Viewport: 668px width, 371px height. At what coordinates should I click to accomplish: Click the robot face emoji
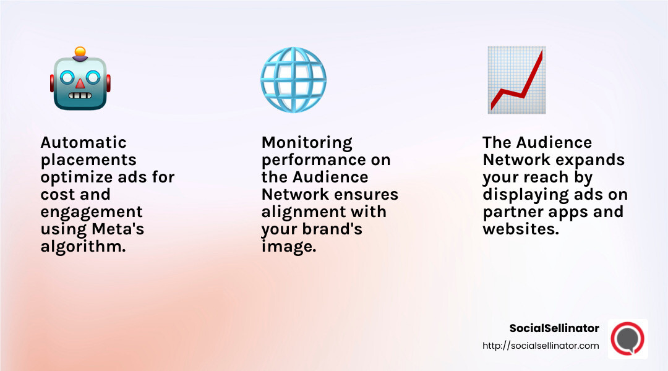(80, 80)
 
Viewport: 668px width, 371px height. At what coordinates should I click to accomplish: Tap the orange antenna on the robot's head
(80, 51)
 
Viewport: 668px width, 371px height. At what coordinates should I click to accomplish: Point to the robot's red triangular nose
(80, 83)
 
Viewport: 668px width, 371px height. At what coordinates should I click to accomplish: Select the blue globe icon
(293, 80)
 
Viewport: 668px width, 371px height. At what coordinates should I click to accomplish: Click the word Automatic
(83, 142)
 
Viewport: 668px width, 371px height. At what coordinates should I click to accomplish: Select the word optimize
(75, 177)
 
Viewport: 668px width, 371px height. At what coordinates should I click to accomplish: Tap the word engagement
(92, 211)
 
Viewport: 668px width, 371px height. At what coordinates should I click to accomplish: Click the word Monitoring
(307, 142)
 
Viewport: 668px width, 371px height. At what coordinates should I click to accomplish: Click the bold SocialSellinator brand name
(554, 328)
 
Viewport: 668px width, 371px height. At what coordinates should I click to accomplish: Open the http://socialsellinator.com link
(541, 346)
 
